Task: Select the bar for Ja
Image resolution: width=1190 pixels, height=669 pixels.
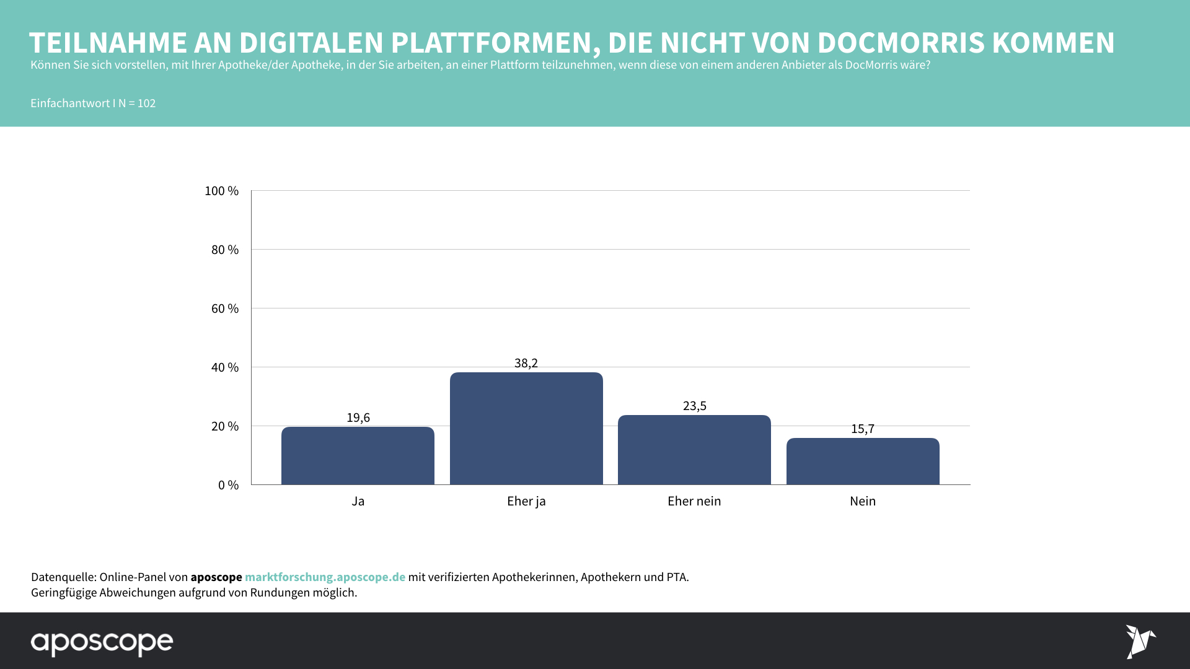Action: point(358,456)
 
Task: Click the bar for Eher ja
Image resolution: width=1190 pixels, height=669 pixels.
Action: point(526,429)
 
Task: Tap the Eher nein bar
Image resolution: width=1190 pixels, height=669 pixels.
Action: point(694,450)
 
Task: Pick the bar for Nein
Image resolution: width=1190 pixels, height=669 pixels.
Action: point(863,461)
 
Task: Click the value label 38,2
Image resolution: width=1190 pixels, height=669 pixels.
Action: point(526,363)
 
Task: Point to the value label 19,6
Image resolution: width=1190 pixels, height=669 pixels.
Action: point(358,418)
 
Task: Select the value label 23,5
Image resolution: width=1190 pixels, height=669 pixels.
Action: point(695,406)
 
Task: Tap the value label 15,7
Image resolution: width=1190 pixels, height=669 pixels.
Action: point(863,429)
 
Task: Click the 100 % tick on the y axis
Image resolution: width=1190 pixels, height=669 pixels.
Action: point(221,191)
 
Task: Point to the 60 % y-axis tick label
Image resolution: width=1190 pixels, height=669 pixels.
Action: point(224,308)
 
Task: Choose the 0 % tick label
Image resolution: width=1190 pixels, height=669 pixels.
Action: point(228,485)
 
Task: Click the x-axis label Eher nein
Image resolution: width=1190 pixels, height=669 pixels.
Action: point(694,501)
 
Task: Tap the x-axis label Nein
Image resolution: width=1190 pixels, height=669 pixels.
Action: point(863,501)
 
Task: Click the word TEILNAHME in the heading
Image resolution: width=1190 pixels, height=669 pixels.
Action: point(108,43)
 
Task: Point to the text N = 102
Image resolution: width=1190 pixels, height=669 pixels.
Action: point(137,103)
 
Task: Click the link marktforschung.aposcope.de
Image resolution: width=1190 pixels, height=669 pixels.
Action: point(325,577)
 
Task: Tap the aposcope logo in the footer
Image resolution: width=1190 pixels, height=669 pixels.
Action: point(102,642)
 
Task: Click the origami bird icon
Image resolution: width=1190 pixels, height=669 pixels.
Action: point(1140,641)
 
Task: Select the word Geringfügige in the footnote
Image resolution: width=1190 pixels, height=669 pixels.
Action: point(64,592)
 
